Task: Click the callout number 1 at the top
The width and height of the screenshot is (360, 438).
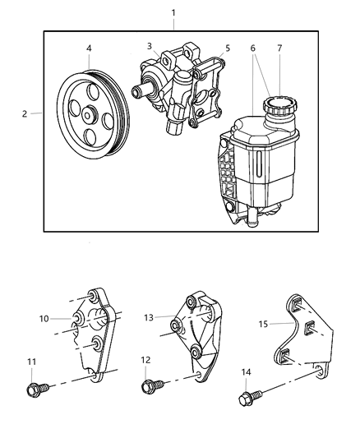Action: (173, 12)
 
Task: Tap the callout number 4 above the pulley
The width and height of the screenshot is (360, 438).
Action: (88, 48)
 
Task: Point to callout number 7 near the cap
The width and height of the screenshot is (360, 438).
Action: (279, 48)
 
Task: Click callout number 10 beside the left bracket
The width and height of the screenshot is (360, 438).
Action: (44, 318)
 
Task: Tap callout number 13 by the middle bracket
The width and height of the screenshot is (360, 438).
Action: (150, 318)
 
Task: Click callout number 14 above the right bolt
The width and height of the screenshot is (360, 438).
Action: (247, 371)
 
